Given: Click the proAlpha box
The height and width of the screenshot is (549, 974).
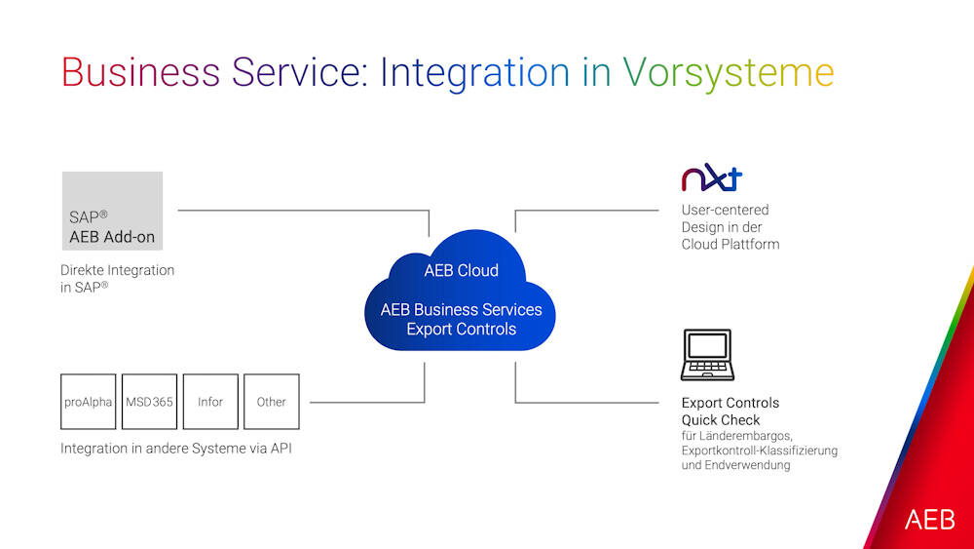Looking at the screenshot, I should [x=89, y=402].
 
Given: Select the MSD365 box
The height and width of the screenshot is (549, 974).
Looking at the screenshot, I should [x=150, y=402].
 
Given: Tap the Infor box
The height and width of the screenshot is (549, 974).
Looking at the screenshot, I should [x=210, y=402].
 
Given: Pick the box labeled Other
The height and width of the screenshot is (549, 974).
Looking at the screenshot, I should [x=271, y=402].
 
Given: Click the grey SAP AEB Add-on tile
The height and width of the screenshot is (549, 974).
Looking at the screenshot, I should [x=112, y=211].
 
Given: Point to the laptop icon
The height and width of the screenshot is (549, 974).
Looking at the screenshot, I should [x=706, y=356].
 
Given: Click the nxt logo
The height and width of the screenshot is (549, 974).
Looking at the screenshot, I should [x=711, y=179].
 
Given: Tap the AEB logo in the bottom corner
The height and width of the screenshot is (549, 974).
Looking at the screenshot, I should [x=929, y=520].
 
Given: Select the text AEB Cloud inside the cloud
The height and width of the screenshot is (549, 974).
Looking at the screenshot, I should [x=461, y=271].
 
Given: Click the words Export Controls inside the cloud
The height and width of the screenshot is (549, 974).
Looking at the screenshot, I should [x=461, y=330].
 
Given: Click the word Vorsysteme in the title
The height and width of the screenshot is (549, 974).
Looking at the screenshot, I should [x=729, y=73].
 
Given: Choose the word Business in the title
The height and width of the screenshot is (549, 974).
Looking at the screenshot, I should [x=140, y=73].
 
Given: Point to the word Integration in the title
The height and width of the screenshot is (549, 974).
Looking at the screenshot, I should [x=474, y=73].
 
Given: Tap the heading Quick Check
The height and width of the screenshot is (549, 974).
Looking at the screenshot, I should [x=721, y=420].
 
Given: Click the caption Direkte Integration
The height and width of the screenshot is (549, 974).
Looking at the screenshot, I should [x=117, y=270].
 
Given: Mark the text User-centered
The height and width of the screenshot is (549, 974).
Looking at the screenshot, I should [x=725, y=210].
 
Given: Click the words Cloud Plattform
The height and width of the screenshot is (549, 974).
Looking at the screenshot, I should [x=730, y=245].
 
